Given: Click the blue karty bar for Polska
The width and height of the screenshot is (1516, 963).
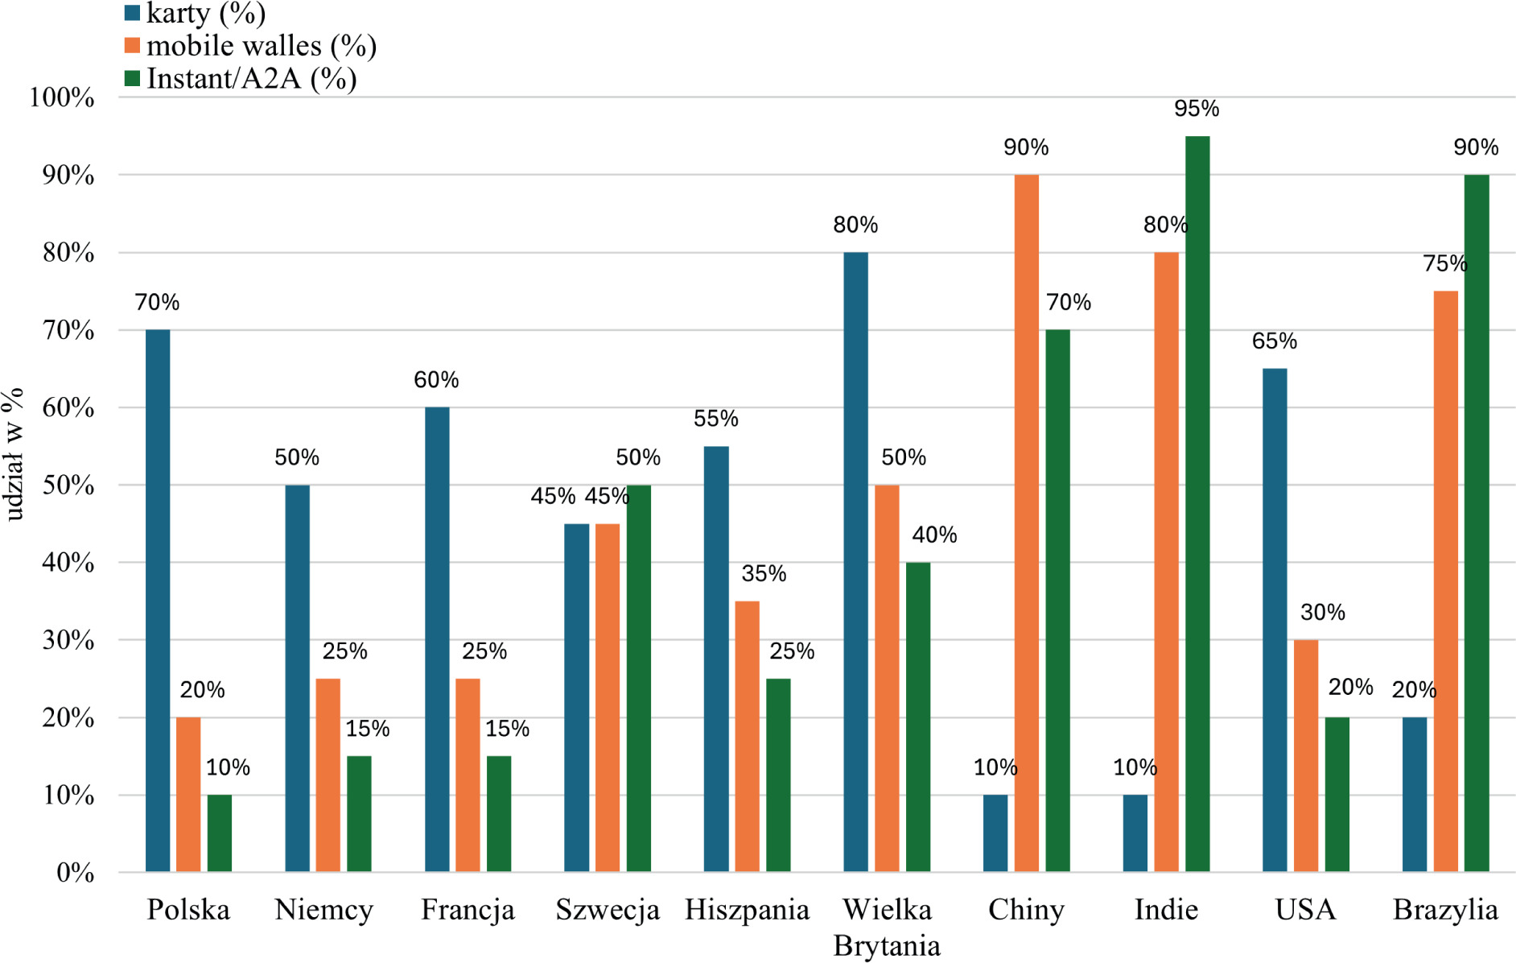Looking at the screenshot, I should (x=158, y=600).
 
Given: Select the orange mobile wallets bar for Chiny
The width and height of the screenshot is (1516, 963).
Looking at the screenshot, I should (x=1026, y=523).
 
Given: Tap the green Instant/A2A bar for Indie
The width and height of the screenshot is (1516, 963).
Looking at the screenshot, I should (x=1197, y=503).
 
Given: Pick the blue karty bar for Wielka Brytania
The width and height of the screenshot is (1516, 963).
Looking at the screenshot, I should (x=855, y=561).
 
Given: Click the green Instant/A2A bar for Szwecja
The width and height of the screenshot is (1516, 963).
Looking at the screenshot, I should (x=639, y=678).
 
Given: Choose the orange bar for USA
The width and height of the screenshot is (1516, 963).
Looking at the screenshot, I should (x=1306, y=755).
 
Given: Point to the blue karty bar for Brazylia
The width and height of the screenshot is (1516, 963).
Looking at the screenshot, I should (x=1414, y=794).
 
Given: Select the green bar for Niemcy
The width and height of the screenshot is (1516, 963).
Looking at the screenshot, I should (x=359, y=813).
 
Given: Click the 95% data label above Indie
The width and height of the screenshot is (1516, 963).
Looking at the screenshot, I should (x=1197, y=109).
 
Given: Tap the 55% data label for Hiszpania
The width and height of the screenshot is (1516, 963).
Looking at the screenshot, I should (x=715, y=419).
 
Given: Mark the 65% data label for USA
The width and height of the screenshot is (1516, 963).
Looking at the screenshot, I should (x=1274, y=341).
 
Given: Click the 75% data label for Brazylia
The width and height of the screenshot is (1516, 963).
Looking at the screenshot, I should (x=1444, y=263).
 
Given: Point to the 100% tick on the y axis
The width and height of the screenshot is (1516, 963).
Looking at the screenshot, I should (x=62, y=98).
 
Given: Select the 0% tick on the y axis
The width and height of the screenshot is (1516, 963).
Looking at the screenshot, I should (x=75, y=873).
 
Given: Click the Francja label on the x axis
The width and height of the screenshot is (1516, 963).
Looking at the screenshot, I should (x=468, y=910).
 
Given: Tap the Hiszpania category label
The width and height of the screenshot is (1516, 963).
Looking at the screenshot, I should (x=747, y=910).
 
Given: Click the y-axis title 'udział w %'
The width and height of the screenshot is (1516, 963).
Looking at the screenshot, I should (x=14, y=455).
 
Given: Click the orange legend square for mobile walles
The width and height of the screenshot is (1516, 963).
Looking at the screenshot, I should (x=133, y=45).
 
